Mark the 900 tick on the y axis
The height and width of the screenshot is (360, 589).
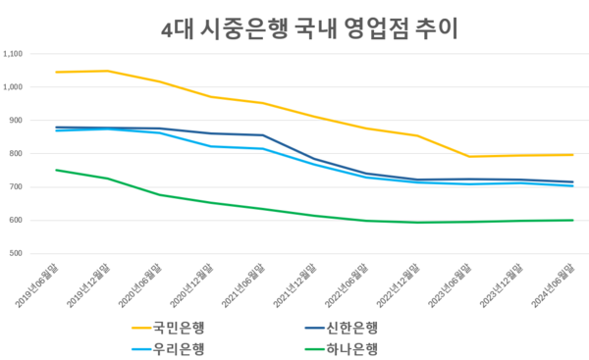tap(19, 121)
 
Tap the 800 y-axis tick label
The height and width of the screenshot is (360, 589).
tap(19, 154)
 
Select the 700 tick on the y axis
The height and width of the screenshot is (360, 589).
tap(19, 187)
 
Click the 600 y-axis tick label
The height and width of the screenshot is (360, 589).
tap(19, 221)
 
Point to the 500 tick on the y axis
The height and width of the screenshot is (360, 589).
tap(19, 254)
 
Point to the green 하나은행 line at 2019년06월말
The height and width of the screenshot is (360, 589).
tap(56, 170)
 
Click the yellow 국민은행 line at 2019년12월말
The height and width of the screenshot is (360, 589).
tap(108, 71)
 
